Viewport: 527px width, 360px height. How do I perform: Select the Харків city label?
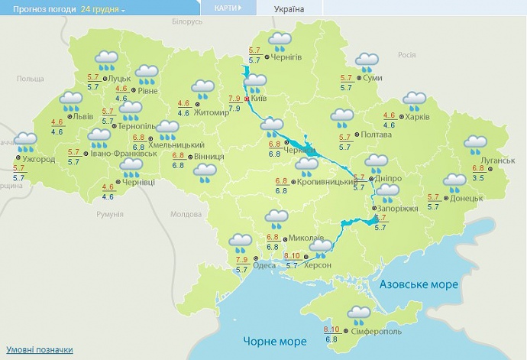click(417, 116)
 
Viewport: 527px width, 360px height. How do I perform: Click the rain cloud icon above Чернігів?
click(280, 40)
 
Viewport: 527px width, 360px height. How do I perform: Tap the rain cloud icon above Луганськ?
click(476, 144)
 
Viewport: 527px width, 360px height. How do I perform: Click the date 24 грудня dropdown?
click(103, 8)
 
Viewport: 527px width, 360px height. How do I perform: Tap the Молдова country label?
click(186, 214)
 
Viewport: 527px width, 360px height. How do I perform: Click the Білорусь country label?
click(187, 21)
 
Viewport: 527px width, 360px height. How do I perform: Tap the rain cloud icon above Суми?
click(368, 61)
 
